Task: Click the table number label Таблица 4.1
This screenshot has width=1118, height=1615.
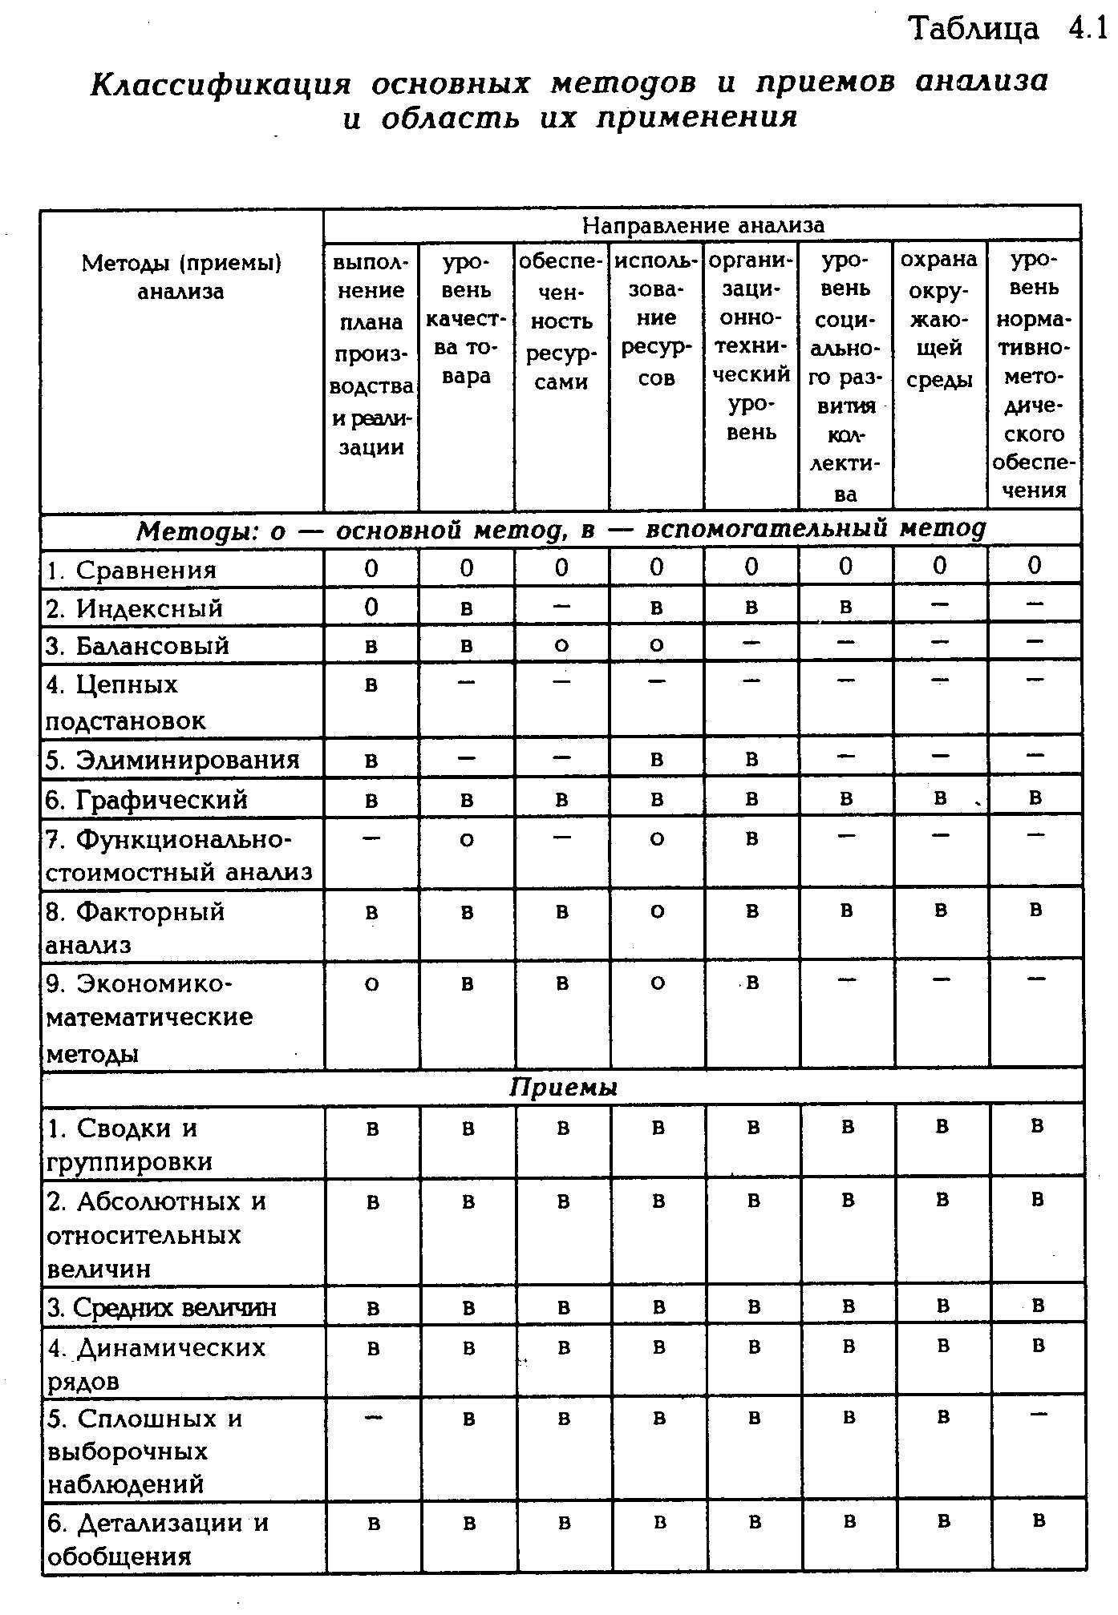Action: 1007,29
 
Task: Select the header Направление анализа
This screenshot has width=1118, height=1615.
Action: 703,225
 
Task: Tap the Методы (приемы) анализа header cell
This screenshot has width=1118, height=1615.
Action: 181,277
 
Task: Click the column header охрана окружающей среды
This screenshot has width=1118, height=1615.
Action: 939,319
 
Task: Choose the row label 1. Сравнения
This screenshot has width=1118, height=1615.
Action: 132,570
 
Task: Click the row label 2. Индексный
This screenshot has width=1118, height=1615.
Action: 135,608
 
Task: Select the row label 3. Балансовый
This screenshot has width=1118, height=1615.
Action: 138,646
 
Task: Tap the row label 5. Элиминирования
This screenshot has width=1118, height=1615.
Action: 172,760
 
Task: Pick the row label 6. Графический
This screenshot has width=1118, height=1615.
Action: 147,800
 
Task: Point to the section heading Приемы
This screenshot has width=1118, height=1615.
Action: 563,1088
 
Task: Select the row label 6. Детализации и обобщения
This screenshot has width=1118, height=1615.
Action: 158,1539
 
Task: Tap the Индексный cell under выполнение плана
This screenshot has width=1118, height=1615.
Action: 371,607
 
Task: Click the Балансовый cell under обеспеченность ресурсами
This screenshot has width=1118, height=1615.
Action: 561,645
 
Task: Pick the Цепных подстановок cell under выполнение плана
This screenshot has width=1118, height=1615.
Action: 371,685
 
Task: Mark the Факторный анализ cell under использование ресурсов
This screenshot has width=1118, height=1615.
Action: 657,911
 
